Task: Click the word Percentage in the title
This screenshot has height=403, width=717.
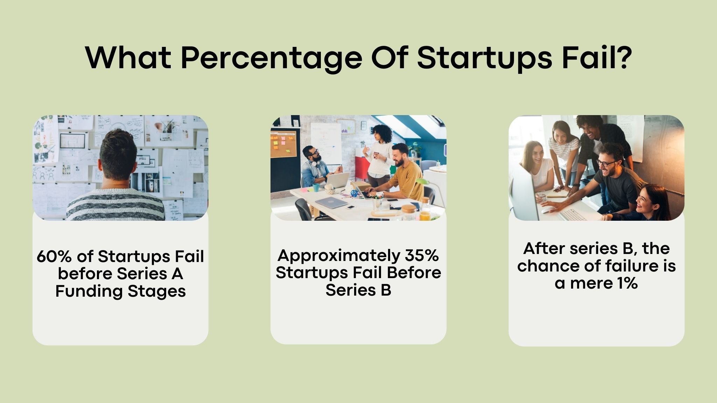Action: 271,58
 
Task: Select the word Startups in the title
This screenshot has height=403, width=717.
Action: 484,58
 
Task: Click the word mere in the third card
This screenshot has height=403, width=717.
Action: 591,283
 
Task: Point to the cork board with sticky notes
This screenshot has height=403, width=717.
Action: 283,143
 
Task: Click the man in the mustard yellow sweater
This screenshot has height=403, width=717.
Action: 406,175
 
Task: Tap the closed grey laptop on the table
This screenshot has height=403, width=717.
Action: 331,202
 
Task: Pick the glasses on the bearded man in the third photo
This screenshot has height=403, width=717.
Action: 607,163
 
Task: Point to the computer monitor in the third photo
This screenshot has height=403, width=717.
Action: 523,192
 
